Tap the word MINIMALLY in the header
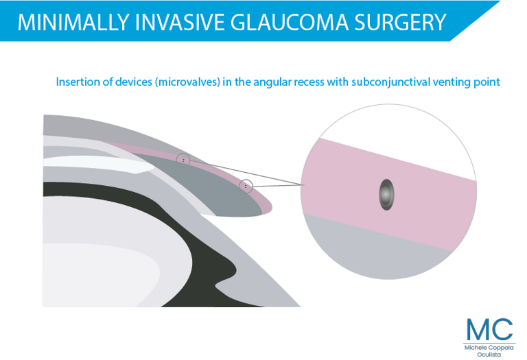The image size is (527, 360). click(73, 22)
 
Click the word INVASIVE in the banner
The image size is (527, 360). click(180, 22)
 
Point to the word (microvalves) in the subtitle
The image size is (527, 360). click(187, 82)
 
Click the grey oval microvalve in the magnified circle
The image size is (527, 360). click(386, 195)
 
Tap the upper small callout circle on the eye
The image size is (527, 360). click(183, 160)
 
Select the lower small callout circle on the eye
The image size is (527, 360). click(246, 186)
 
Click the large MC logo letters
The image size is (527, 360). click(490, 329)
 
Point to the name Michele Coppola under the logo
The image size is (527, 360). click(489, 348)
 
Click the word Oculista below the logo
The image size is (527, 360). click(489, 355)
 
